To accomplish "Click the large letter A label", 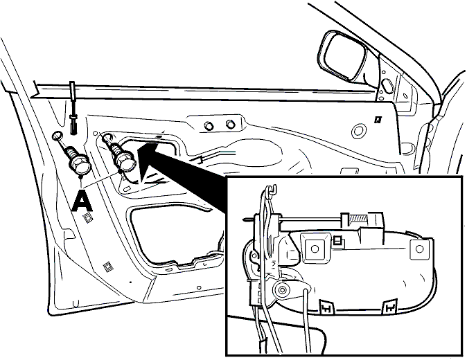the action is tap(82, 201).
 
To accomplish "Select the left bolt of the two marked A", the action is tap(77, 160).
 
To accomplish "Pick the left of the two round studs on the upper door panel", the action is tap(209, 125).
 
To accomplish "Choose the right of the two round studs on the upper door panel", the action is tap(229, 124).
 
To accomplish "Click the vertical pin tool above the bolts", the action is tap(73, 108).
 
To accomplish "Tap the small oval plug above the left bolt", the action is tap(58, 136).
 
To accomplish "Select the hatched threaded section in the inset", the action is tap(359, 219).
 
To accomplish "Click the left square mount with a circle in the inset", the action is tap(315, 249).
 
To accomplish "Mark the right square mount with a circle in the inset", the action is tap(420, 249).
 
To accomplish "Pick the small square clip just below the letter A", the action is tap(88, 218).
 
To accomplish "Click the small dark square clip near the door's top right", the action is tap(378, 119).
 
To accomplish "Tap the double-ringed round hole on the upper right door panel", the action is tap(358, 131).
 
